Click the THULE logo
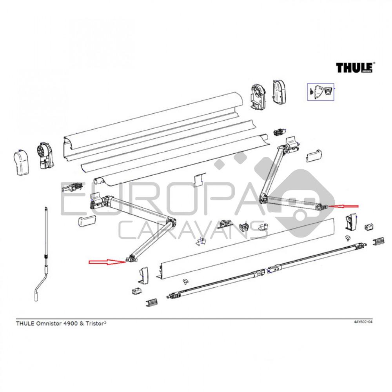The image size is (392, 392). [x=354, y=67]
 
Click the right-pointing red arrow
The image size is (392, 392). [x=105, y=261]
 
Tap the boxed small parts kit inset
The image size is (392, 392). [x=320, y=92]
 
